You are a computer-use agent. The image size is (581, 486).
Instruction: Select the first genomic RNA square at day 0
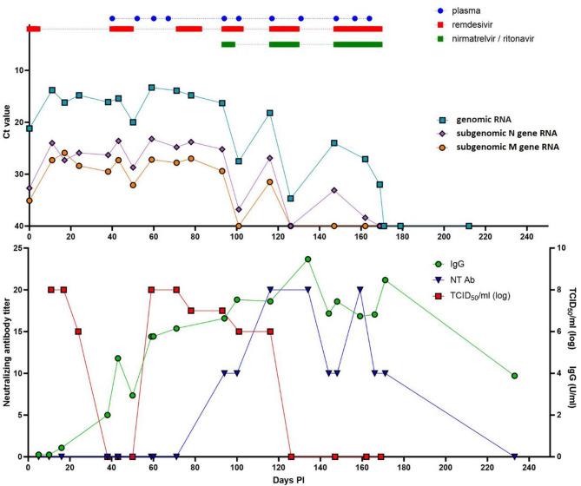tap(30, 128)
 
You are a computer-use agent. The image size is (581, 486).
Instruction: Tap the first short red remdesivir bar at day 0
tap(33, 29)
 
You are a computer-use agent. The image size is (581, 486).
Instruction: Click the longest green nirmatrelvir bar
tap(358, 43)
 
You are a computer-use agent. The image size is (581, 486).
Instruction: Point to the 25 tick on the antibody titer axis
tap(18, 248)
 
